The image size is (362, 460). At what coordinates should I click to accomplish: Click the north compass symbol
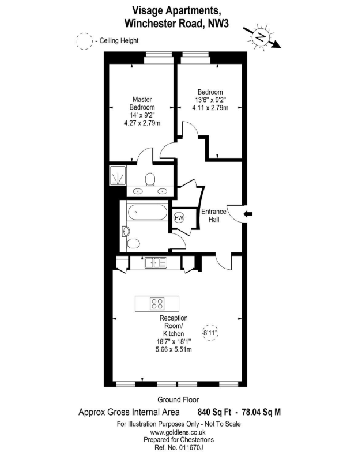[261, 37]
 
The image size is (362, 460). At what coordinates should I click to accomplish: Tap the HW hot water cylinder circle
[179, 218]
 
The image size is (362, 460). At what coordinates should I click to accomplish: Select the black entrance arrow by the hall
[248, 214]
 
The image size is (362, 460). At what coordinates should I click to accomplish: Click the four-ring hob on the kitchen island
[157, 303]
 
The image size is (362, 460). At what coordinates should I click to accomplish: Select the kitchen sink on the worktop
[156, 263]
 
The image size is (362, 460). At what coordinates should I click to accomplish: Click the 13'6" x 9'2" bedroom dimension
[210, 100]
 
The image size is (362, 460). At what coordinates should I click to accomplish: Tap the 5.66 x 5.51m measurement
[172, 349]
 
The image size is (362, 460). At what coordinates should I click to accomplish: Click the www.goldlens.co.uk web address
[178, 432]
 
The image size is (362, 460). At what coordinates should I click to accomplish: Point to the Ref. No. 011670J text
[178, 447]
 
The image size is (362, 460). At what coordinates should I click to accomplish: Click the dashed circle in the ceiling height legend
[84, 41]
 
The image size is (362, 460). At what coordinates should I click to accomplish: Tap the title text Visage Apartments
[176, 10]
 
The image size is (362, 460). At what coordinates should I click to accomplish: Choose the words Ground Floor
[178, 399]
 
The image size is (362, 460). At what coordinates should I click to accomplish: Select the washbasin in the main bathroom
[127, 231]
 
